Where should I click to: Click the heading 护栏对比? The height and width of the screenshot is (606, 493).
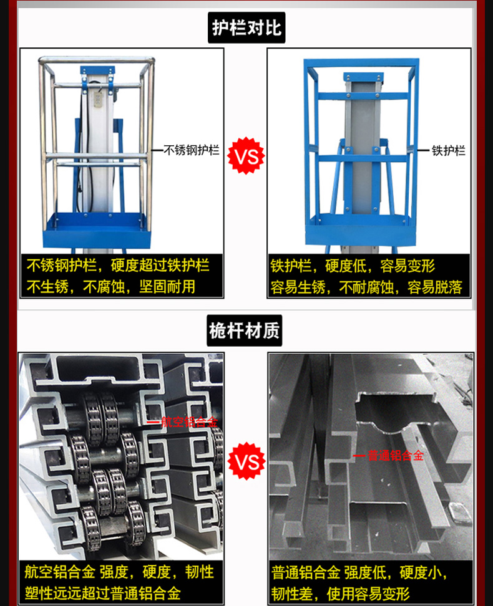click(x=246, y=28)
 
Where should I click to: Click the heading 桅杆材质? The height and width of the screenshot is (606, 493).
click(x=244, y=331)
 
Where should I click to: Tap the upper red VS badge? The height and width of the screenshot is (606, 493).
click(x=246, y=156)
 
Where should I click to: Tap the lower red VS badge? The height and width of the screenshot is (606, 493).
click(x=246, y=461)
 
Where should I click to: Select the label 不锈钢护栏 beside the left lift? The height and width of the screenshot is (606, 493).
click(x=191, y=150)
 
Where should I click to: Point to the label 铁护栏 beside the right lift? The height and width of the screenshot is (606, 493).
click(x=449, y=150)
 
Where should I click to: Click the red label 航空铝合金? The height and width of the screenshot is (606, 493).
click(x=189, y=421)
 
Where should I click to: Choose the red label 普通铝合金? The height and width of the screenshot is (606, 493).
click(x=395, y=456)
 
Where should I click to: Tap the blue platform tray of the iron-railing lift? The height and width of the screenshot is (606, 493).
click(x=361, y=229)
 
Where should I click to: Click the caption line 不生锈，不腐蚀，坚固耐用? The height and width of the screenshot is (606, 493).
click(x=110, y=287)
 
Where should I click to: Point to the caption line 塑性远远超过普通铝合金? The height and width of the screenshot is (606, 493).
click(x=102, y=593)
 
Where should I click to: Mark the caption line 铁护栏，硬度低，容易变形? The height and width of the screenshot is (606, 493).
click(x=353, y=266)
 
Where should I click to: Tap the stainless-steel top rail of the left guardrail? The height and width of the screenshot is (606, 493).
click(x=96, y=60)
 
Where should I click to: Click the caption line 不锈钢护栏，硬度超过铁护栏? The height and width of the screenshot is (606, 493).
click(x=118, y=266)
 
